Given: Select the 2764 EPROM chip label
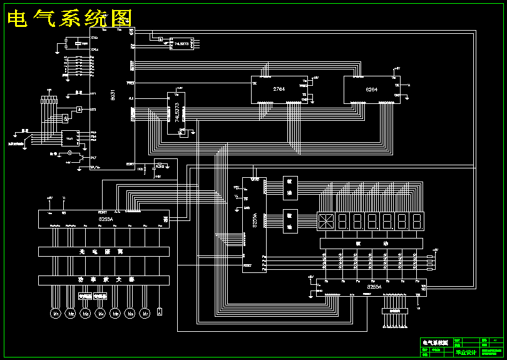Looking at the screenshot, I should [279, 89].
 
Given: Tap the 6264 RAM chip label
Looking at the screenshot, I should [372, 90].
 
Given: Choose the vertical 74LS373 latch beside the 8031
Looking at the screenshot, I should [177, 111].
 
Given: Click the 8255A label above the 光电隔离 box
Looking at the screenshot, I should [106, 220].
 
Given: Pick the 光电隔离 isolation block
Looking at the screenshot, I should [104, 251].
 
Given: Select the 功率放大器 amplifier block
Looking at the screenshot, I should [104, 279].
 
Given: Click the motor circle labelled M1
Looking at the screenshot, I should [55, 312].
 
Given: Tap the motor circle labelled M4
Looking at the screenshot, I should [100, 312].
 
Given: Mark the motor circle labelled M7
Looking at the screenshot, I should [145, 312].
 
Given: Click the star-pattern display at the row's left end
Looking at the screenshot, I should [325, 221].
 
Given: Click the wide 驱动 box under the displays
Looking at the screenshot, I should [371, 243].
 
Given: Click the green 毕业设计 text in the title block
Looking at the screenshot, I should [465, 352].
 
